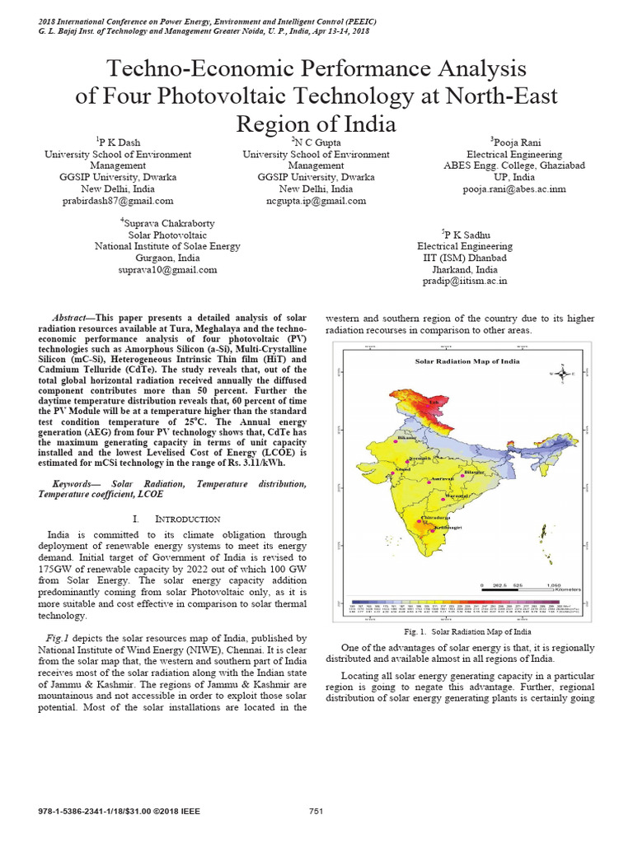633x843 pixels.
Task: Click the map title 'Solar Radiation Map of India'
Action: click(x=455, y=361)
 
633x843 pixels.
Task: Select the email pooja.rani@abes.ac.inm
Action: click(x=513, y=189)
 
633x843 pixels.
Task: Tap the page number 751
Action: click(x=316, y=812)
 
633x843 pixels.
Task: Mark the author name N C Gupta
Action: click(x=315, y=142)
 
